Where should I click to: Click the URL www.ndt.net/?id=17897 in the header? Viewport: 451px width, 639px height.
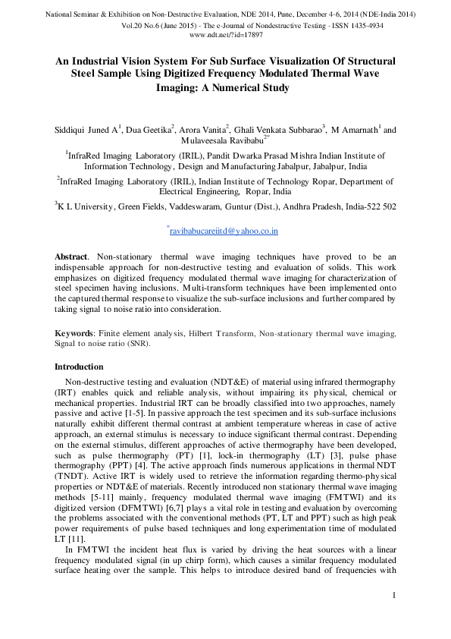click(225, 35)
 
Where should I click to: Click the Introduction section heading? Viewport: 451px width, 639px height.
click(84, 367)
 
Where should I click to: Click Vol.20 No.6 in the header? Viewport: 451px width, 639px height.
click(150, 25)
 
